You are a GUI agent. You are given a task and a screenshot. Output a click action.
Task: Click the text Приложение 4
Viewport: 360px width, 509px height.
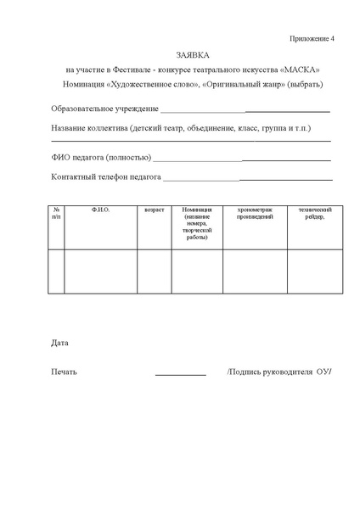(x=311, y=39)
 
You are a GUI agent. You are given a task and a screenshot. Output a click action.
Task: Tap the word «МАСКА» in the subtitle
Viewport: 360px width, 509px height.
(x=301, y=69)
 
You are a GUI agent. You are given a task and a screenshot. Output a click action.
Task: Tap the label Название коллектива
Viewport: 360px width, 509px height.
(x=88, y=129)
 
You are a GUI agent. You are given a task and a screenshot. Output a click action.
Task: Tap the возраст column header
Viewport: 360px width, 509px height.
(x=155, y=209)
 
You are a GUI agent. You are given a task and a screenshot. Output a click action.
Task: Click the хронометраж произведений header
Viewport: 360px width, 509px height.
(x=255, y=213)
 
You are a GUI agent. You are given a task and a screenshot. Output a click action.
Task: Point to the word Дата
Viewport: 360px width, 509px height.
(x=59, y=344)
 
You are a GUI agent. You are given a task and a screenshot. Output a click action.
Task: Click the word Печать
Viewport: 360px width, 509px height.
(x=64, y=372)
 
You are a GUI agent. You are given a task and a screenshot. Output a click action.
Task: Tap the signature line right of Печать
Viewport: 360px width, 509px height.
(x=180, y=374)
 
